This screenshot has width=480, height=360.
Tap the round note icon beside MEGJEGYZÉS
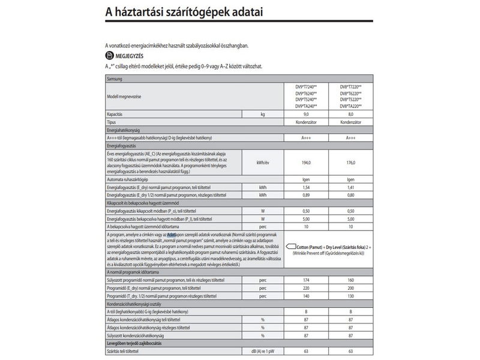pyautogui.click(x=109, y=55)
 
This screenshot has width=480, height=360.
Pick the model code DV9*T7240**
pyautogui.click(x=306, y=86)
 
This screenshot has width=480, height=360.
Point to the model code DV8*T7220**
pyautogui.click(x=350, y=86)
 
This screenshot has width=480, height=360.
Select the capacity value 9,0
pyautogui.click(x=306, y=113)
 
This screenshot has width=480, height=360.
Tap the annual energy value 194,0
pyautogui.click(x=306, y=163)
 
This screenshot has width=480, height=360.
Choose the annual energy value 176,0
pyautogui.click(x=350, y=163)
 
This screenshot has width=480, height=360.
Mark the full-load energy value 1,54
pyautogui.click(x=306, y=188)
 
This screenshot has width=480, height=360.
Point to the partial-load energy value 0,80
pyautogui.click(x=350, y=196)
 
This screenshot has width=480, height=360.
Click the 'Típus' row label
pyautogui.click(x=112, y=122)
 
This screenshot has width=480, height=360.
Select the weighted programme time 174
pyautogui.click(x=306, y=280)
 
